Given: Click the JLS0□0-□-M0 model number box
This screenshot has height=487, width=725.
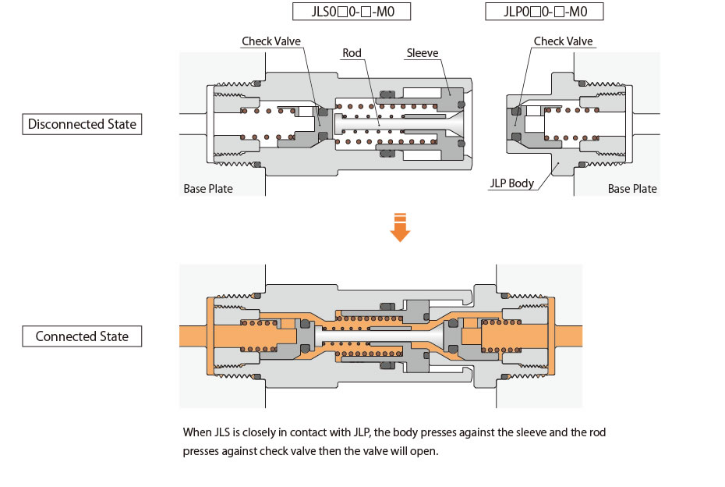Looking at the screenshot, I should pos(351,12).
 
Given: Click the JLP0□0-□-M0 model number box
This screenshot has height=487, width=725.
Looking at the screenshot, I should pos(544,12).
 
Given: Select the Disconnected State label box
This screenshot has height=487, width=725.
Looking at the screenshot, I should pos(82,124).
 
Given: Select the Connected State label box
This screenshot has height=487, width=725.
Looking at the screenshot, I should pos(82,337).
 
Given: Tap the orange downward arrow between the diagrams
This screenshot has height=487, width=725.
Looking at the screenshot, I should pos(400,228).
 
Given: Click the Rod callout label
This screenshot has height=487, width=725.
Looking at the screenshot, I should pos(352,53).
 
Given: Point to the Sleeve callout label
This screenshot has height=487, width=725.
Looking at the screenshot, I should pos(423,53).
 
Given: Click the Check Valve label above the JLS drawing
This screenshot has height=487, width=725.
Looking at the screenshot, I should pos(271,41).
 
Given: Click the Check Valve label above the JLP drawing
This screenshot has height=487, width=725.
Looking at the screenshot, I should pos(563,41).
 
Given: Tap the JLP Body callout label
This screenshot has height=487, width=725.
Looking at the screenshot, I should pos(511,183).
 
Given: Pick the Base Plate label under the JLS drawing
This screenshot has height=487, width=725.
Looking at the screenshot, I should pos(208,189).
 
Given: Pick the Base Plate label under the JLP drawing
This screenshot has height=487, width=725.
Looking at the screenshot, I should pos(632,189).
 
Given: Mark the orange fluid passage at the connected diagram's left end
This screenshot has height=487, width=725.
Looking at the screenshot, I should pos(193,336).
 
